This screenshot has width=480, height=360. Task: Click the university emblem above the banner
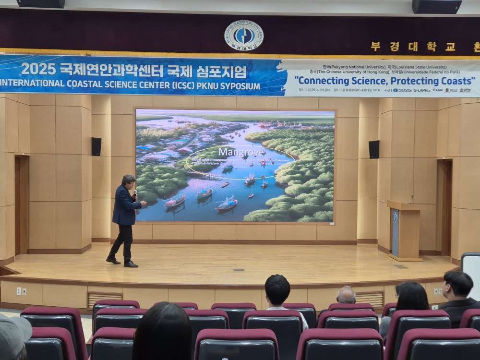(244, 35)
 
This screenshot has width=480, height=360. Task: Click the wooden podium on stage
(405, 230)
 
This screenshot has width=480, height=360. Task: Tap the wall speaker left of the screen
(96, 146)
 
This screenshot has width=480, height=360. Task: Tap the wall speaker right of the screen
(374, 149)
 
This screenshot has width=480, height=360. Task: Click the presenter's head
(129, 181)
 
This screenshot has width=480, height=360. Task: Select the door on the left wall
(22, 204)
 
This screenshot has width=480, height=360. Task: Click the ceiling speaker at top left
(41, 3)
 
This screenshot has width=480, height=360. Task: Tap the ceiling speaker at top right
(437, 6)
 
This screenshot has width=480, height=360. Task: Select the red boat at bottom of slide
(227, 204)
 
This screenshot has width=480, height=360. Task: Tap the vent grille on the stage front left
(105, 298)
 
